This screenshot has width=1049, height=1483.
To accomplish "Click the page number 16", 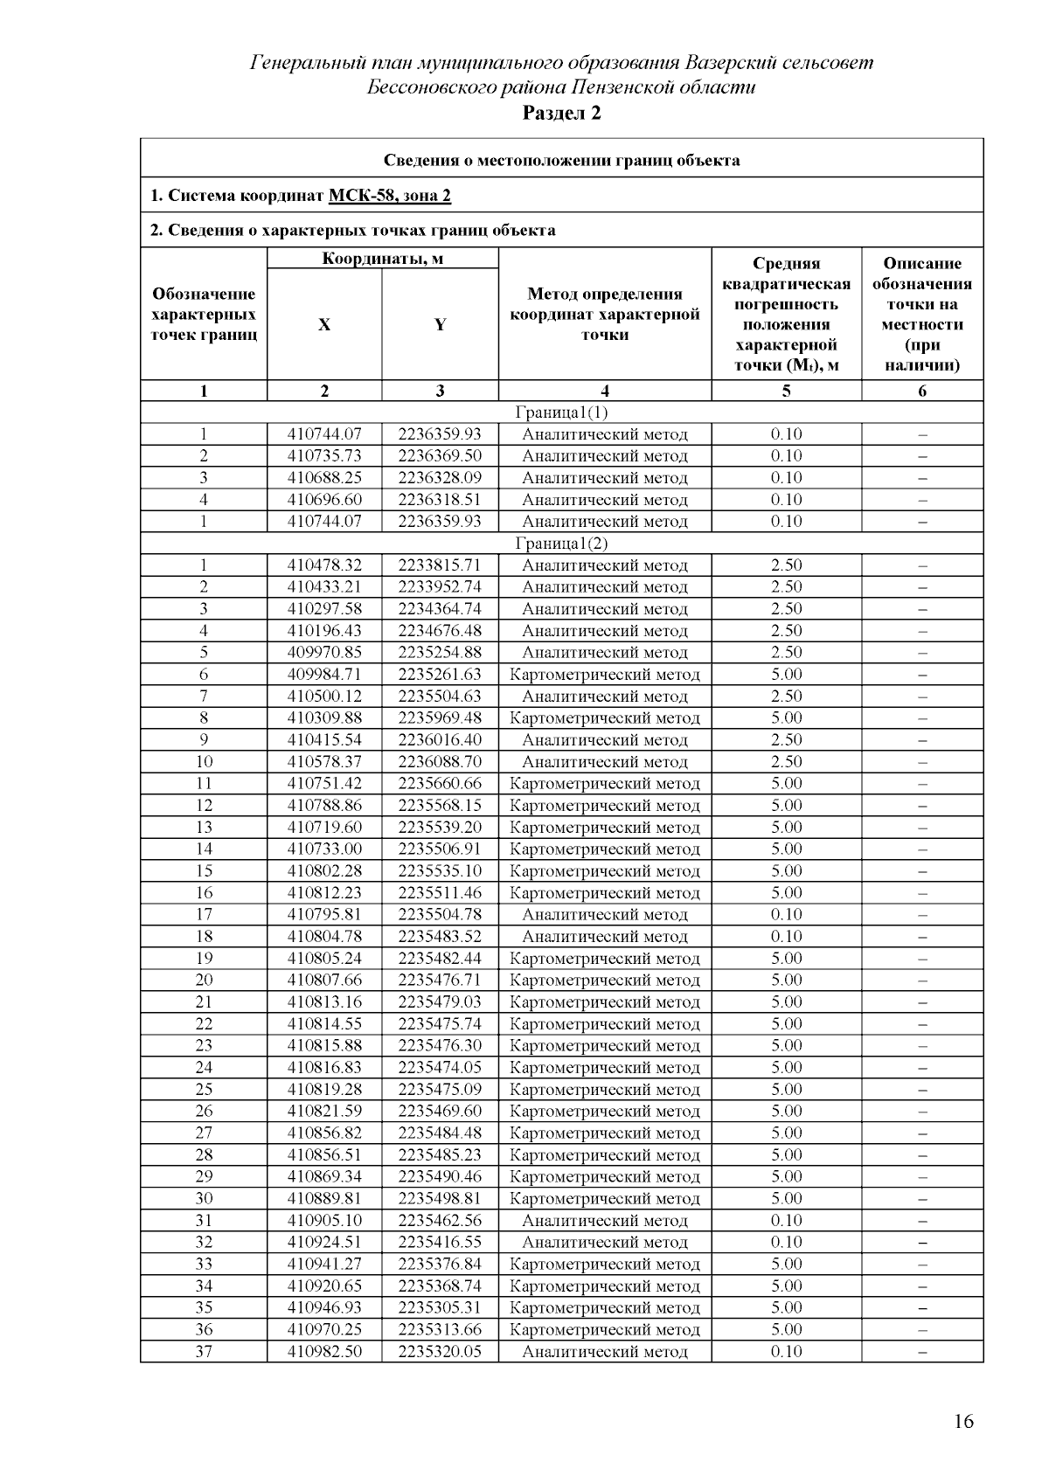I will [x=963, y=1422].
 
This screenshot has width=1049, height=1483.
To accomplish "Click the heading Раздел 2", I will [x=561, y=113].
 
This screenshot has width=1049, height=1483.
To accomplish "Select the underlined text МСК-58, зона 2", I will [x=390, y=195].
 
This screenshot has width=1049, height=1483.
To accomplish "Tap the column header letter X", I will [x=324, y=324].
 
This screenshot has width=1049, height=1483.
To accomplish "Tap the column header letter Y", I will [x=440, y=324].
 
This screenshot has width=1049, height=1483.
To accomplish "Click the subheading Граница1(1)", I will [x=561, y=412].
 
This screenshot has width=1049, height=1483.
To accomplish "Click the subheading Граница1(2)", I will [x=561, y=544].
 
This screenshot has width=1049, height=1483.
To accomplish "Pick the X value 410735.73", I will [x=324, y=456].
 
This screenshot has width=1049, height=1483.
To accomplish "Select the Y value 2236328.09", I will [x=440, y=478].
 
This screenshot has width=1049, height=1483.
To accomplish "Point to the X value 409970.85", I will [x=324, y=653].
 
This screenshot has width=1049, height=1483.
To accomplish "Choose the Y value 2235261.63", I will [x=440, y=675].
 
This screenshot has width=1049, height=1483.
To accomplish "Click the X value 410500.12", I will [x=324, y=696].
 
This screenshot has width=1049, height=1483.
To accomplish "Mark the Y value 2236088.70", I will [x=440, y=762].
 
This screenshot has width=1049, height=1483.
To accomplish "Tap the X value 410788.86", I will [x=324, y=806].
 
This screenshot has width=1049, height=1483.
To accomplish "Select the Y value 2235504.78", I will [x=440, y=915].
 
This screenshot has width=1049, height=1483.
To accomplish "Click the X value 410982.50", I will [x=324, y=1352].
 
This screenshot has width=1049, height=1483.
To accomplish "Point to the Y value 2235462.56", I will [x=440, y=1221].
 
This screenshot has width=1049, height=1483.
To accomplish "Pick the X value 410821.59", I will [x=324, y=1112].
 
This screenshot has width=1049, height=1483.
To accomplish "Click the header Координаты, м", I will [x=382, y=259].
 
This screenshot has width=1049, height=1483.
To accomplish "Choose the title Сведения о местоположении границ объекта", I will [x=561, y=160].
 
